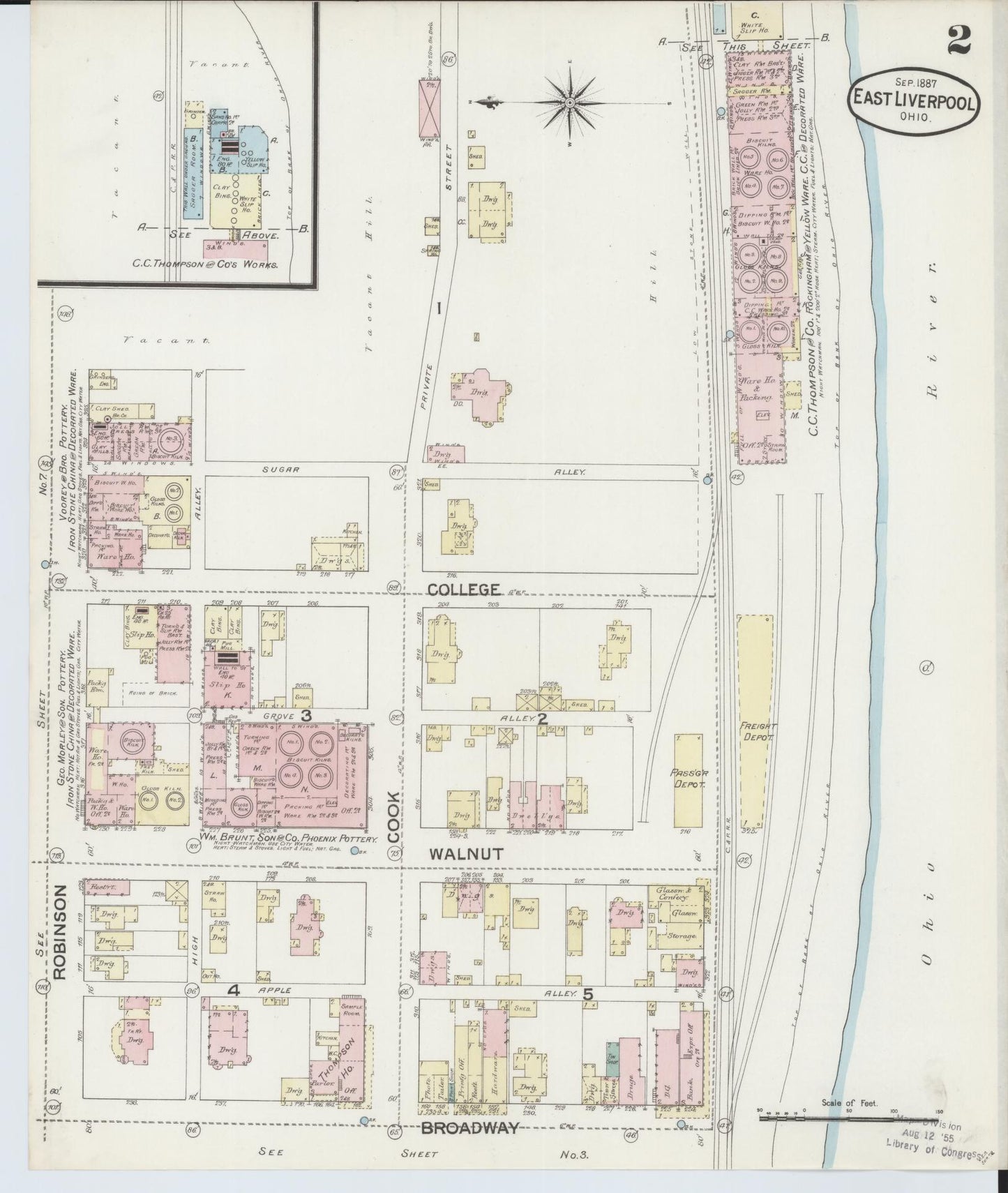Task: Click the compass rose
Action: click(570, 103)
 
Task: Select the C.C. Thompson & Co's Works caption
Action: click(206, 265)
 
